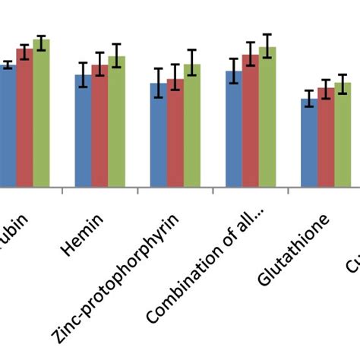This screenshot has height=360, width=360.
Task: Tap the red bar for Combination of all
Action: point(250,121)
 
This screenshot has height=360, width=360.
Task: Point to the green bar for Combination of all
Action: point(267,117)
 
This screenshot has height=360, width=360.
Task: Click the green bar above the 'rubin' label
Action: point(41,113)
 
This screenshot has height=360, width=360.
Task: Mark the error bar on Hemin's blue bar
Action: point(83,74)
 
